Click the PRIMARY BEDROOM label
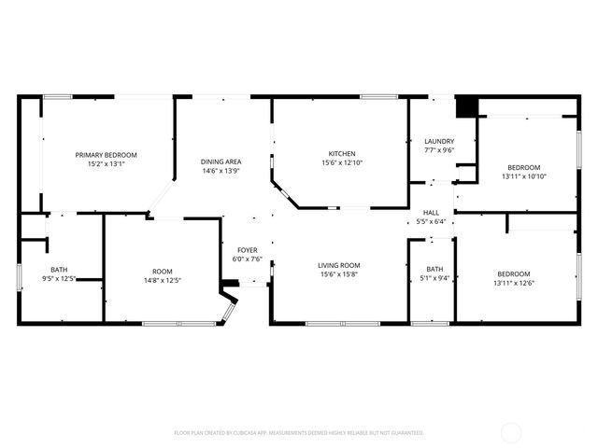tap(107, 154)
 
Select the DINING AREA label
tap(221, 161)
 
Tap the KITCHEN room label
tap(341, 154)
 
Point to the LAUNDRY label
tap(438, 141)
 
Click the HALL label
tap(431, 213)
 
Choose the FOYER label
tap(247, 250)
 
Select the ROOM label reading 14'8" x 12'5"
tap(162, 272)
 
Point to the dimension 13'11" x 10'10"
tap(523, 176)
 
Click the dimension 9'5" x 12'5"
tap(59, 278)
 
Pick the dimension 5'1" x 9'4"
tap(434, 278)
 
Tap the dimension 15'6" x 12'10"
tap(341, 163)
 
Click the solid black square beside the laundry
tap(465, 106)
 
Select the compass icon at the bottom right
tap(512, 432)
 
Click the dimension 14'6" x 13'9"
tap(221, 171)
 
